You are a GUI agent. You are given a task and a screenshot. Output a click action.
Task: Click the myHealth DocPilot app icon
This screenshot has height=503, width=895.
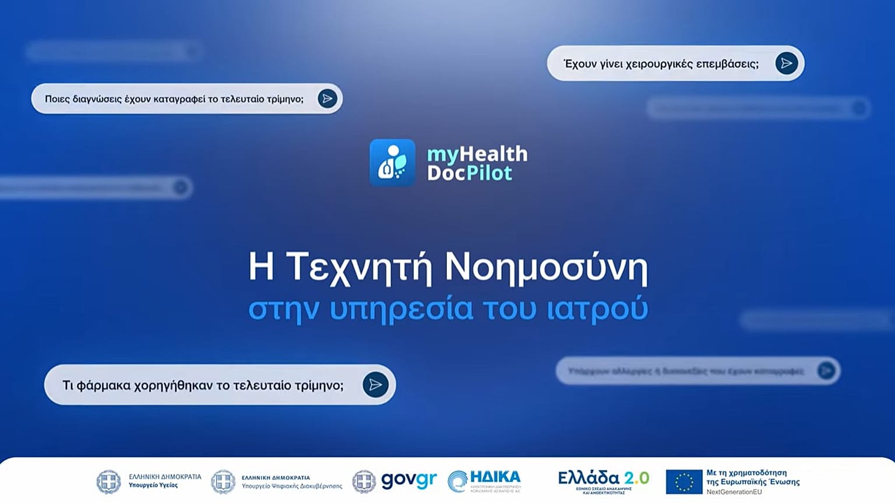(392, 162)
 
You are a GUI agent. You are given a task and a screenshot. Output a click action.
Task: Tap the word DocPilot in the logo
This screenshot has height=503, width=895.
(469, 173)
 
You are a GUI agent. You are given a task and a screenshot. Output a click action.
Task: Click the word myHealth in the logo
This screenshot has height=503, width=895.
(477, 154)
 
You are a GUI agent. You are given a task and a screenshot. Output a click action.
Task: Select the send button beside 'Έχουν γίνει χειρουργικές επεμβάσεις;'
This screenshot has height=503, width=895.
(786, 63)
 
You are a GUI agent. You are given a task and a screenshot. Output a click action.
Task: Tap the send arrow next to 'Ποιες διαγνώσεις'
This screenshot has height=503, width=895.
(327, 98)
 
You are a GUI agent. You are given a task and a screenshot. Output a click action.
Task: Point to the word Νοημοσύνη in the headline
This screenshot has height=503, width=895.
(546, 268)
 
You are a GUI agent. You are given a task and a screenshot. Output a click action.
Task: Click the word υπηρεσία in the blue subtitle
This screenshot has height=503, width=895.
(401, 309)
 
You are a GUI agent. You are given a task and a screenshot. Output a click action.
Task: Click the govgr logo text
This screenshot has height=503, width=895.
(408, 480)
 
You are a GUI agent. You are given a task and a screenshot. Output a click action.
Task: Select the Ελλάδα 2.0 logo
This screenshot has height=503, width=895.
(603, 480)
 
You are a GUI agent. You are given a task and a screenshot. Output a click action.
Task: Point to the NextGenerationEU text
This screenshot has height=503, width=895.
(734, 492)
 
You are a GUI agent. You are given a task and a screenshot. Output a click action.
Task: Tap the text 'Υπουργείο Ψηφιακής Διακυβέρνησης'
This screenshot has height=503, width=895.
(292, 486)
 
